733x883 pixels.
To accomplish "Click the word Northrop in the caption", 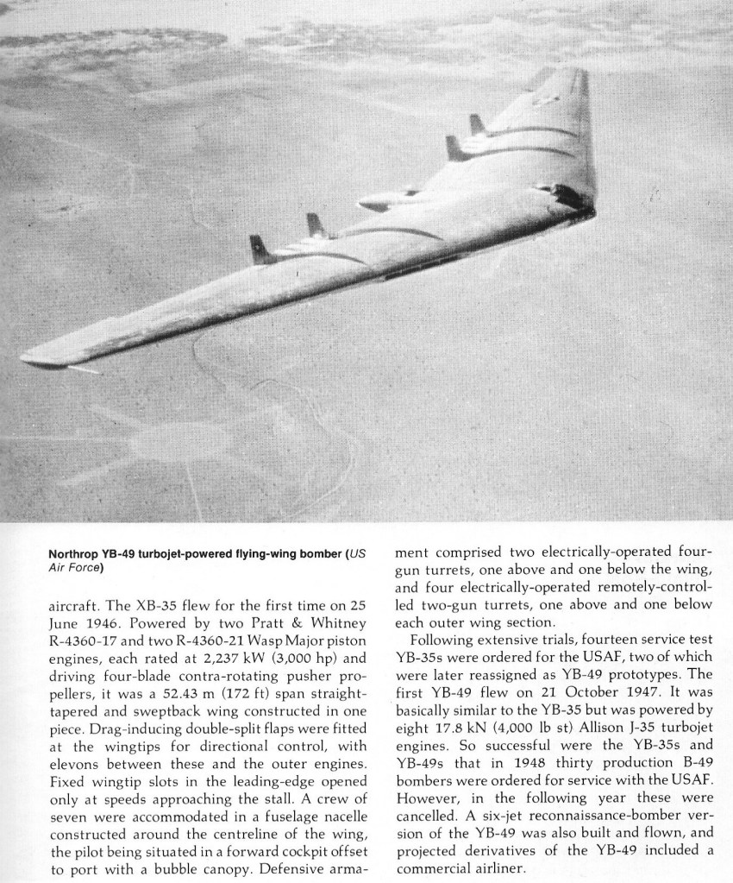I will [x=75, y=554].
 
